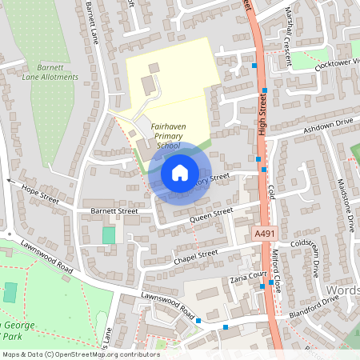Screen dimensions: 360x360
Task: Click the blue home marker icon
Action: [x=179, y=172]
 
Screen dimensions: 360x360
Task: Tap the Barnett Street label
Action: [x=114, y=212]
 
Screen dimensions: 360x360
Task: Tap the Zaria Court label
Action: [x=247, y=274]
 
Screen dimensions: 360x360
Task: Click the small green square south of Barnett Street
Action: [x=109, y=235]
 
